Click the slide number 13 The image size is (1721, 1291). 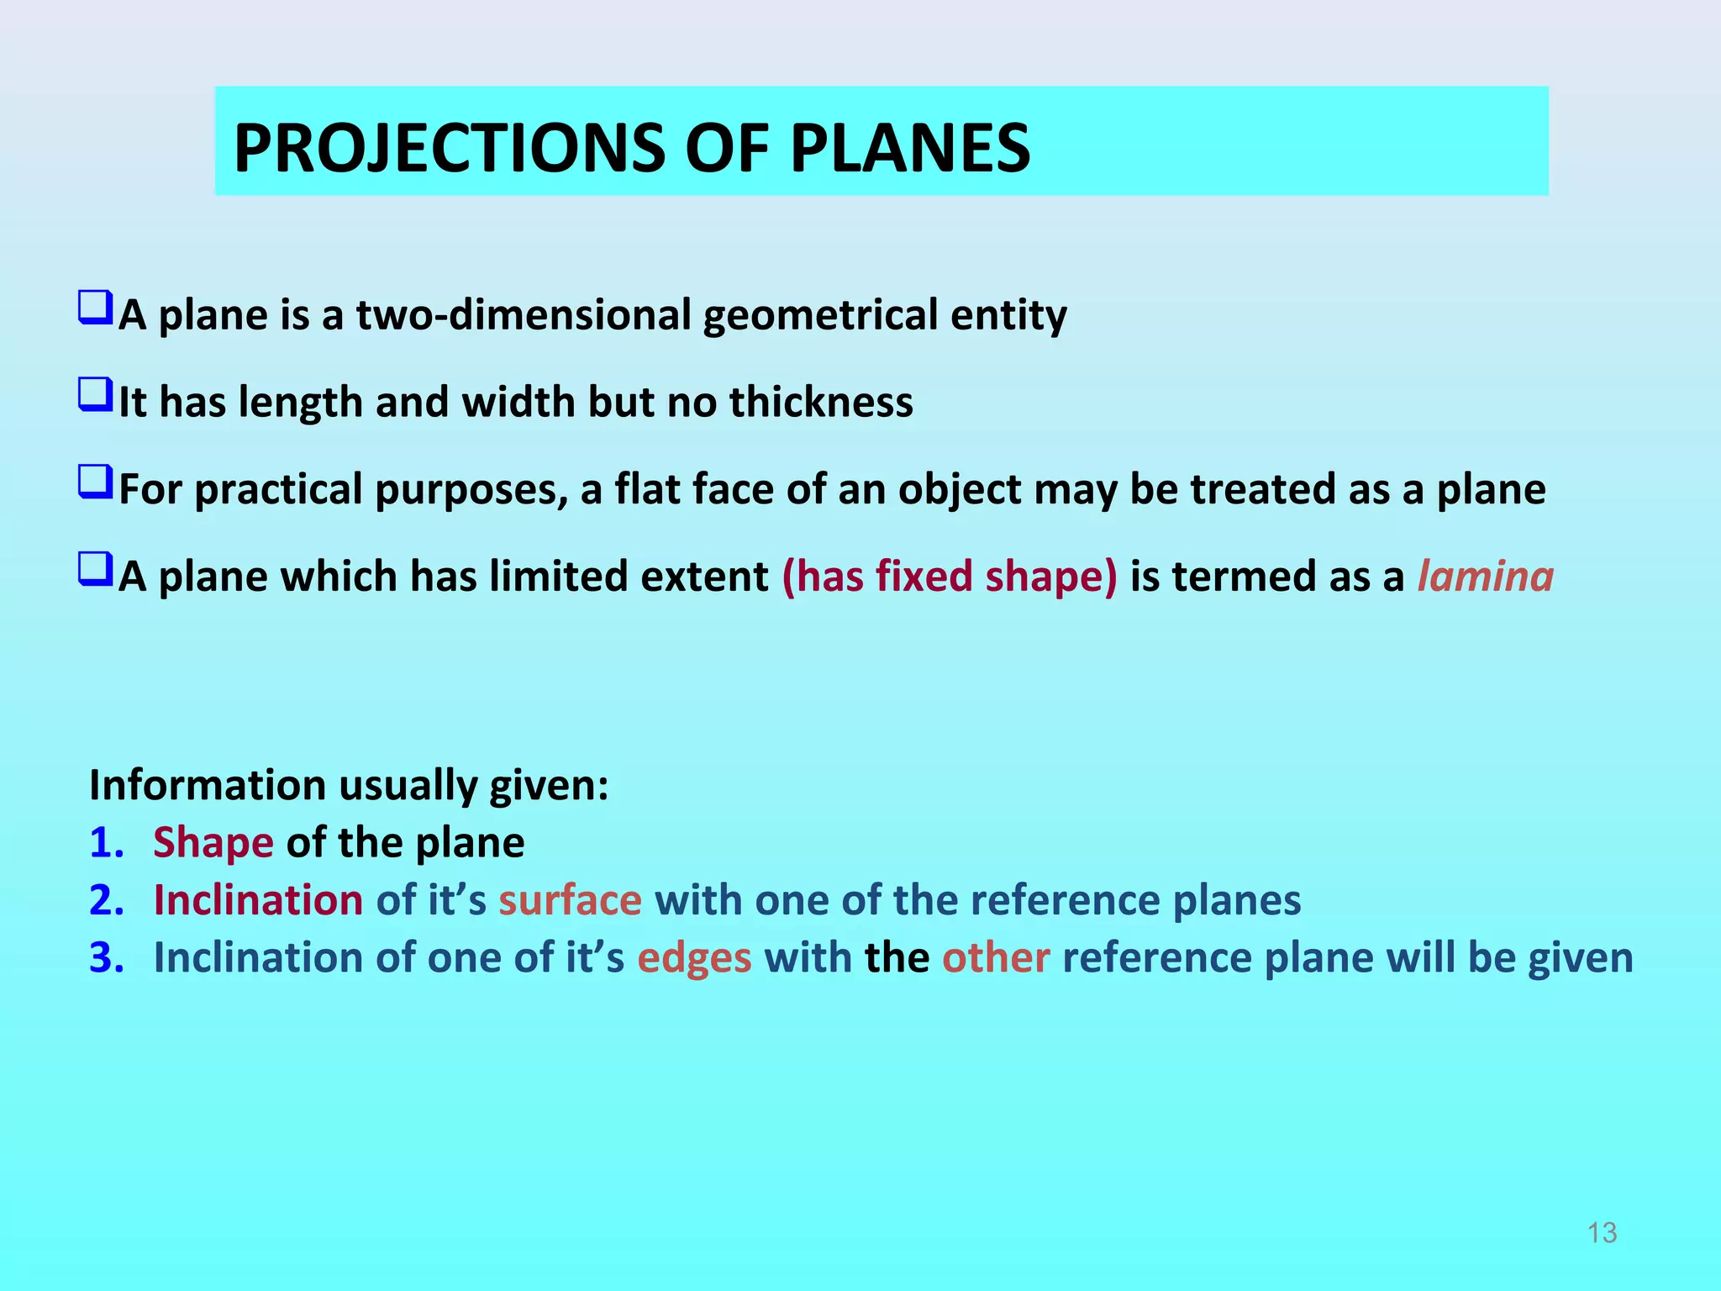coord(1602,1233)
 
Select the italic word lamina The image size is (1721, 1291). coord(1485,577)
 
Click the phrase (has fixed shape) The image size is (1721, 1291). coord(950,577)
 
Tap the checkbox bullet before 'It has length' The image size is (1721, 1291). coord(95,395)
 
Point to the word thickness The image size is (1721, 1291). coord(820,402)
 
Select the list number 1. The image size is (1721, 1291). coord(106,843)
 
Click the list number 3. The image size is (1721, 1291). coord(106,958)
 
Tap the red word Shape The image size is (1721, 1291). coord(213,843)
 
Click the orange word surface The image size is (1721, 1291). coord(570,900)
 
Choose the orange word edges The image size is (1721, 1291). coord(694,958)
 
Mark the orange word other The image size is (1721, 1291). coord(995,958)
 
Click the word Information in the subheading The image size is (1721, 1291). coord(207,785)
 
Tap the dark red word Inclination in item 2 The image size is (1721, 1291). coord(258,900)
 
